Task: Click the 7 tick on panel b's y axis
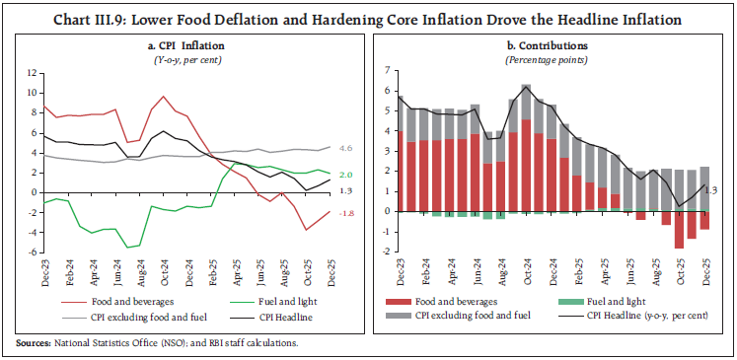coord(388,70)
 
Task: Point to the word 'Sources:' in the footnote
coord(33,342)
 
